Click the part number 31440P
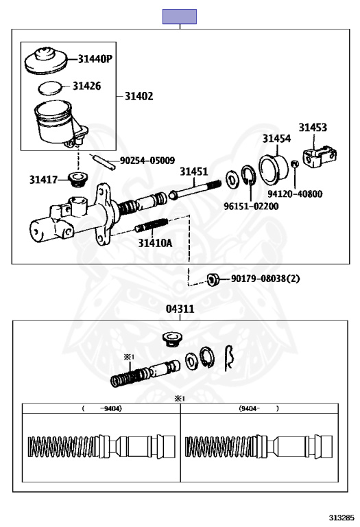click(x=95, y=59)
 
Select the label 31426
click(x=86, y=86)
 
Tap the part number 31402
click(x=139, y=97)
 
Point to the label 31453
click(x=313, y=128)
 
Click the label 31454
click(x=276, y=139)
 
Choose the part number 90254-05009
click(x=147, y=161)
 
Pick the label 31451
click(x=194, y=172)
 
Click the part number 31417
click(x=43, y=180)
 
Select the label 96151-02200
click(x=251, y=206)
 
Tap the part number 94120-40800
click(x=295, y=194)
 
